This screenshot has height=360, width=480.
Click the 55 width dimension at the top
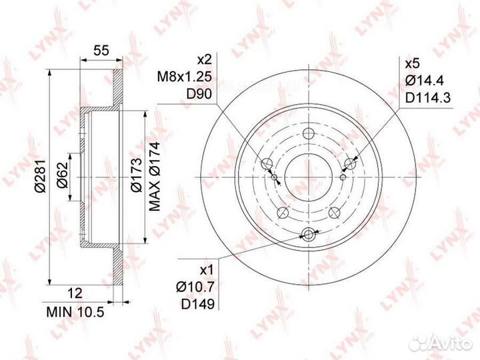(x=101, y=50)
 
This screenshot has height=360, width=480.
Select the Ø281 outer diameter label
(x=40, y=176)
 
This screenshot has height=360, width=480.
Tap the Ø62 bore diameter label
(x=62, y=175)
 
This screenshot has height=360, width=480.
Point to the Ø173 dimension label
(x=136, y=175)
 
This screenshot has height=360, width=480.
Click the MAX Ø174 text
(x=155, y=177)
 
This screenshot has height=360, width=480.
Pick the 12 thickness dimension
(x=75, y=293)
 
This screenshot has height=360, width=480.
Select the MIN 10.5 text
(x=75, y=312)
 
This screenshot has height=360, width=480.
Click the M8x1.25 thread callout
(x=184, y=77)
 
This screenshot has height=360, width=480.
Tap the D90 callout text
(x=199, y=94)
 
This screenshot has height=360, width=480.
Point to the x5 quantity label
(x=412, y=64)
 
